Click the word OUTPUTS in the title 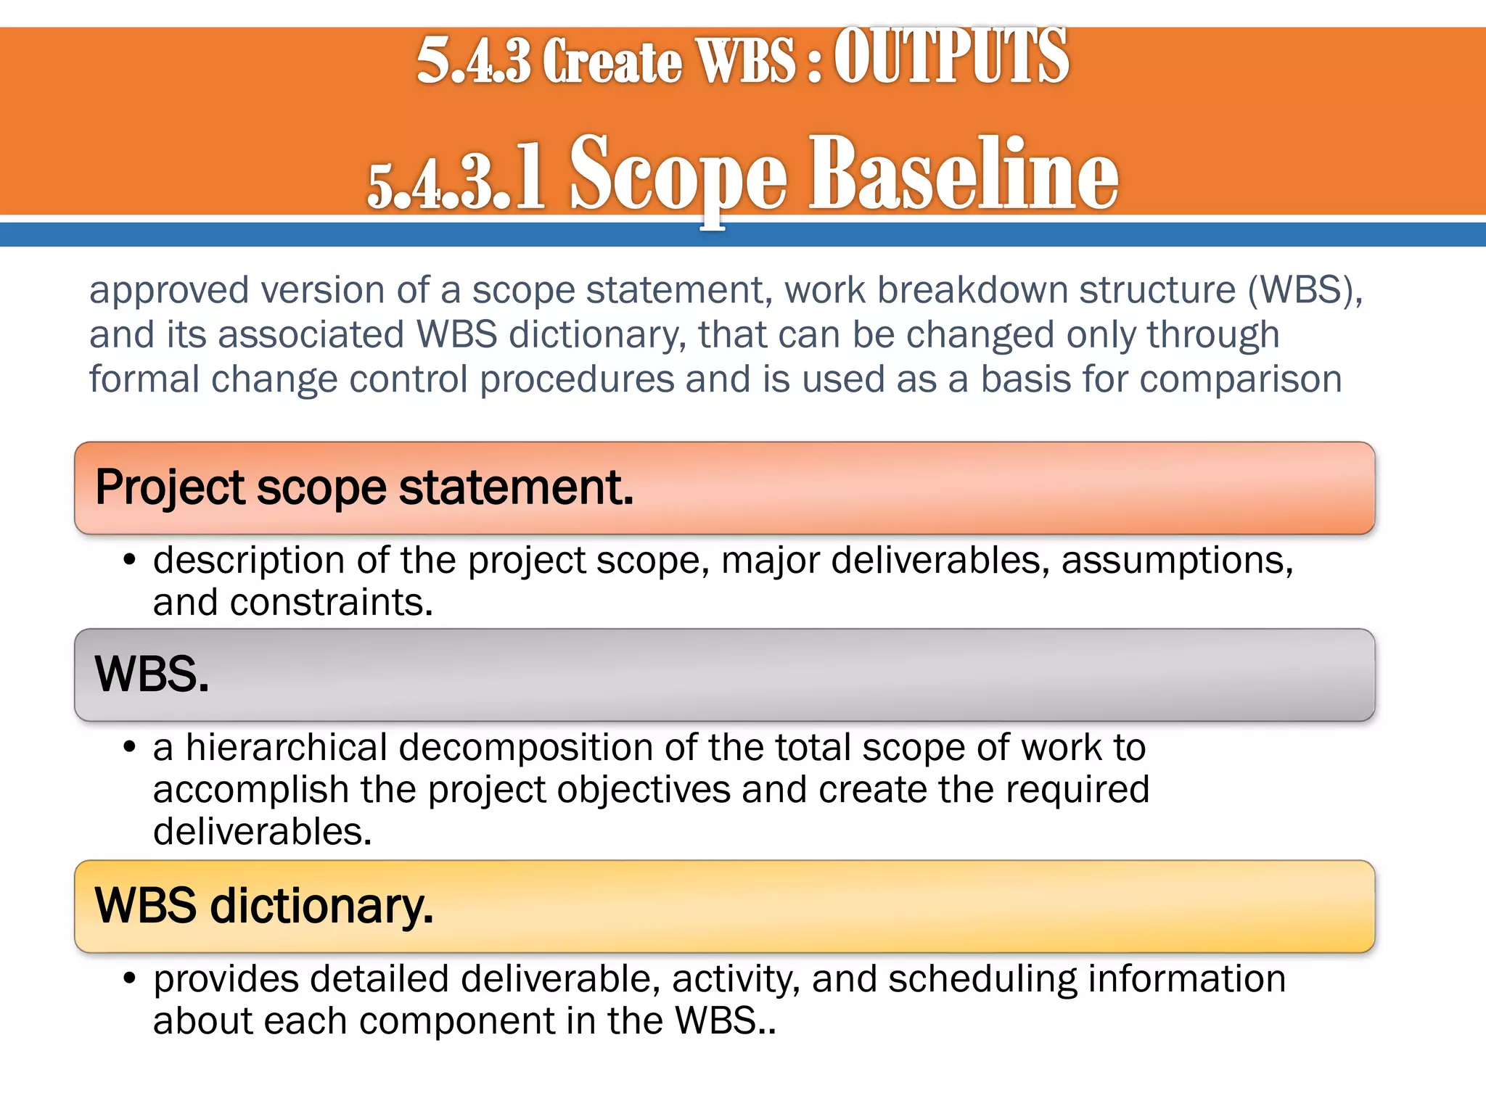pos(951,57)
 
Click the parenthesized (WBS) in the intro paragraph pos(1305,290)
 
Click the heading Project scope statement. pos(364,487)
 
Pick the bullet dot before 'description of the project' pos(130,561)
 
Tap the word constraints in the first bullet pos(331,603)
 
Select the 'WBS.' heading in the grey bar pos(152,674)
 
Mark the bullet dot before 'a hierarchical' pos(130,748)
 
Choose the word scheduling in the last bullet pos(982,979)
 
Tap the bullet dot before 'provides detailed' pos(130,979)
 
